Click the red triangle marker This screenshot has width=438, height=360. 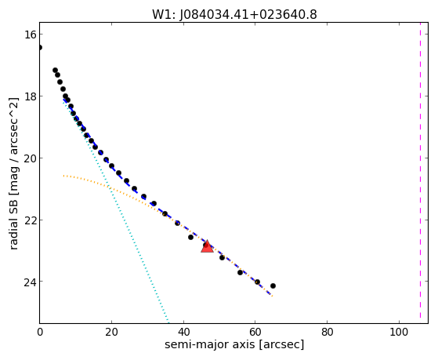(207, 246)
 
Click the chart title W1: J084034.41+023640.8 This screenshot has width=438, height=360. (234, 15)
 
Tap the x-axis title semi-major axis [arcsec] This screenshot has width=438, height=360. (234, 344)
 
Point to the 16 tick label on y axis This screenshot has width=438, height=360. (29, 35)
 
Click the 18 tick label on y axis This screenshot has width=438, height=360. (29, 96)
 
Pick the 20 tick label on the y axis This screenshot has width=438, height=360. (29, 158)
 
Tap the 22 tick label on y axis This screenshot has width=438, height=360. (29, 220)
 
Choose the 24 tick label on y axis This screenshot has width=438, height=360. (29, 282)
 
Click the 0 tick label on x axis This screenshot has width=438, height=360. (40, 333)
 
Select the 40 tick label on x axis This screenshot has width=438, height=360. (183, 333)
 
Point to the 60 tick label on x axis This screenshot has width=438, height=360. (255, 333)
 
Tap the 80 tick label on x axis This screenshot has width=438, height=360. (327, 333)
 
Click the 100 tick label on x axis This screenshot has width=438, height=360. (399, 333)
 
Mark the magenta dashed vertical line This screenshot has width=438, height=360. (420, 173)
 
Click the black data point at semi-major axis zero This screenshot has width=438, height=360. (40, 48)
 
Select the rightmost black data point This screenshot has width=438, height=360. (273, 285)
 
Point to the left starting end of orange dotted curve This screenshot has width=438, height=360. (63, 176)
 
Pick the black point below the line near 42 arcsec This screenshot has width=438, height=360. (190, 237)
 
